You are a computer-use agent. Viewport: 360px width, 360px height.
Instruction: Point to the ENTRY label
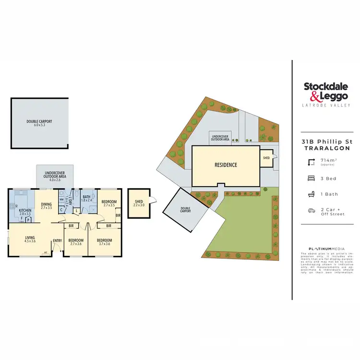pos(57,240)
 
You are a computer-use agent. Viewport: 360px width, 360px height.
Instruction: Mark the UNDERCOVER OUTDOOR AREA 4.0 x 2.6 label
pos(55,176)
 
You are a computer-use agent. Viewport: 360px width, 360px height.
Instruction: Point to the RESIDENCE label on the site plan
pos(226,165)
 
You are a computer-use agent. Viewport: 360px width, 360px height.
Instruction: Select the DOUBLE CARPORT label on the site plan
pos(185,210)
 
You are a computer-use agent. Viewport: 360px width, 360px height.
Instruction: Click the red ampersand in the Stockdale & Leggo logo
pos(309,95)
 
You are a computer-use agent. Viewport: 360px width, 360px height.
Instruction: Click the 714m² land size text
pos(328,161)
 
